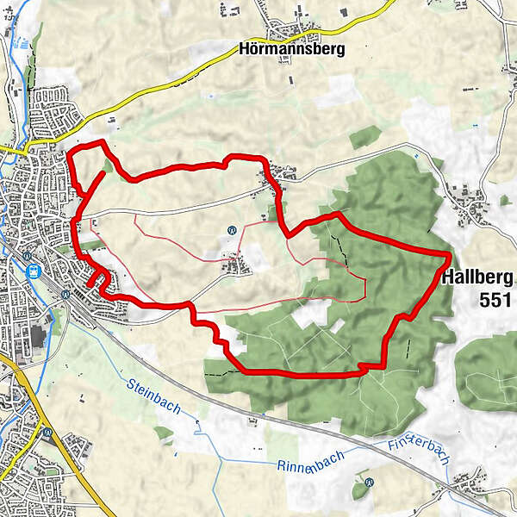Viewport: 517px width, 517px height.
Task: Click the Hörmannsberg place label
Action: (290, 49)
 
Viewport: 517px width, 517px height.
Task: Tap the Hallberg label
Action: (477, 277)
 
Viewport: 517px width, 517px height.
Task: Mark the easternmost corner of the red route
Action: (451, 254)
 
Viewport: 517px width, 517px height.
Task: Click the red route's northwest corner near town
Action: (71, 153)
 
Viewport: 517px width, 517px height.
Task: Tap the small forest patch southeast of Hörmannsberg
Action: (366, 135)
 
